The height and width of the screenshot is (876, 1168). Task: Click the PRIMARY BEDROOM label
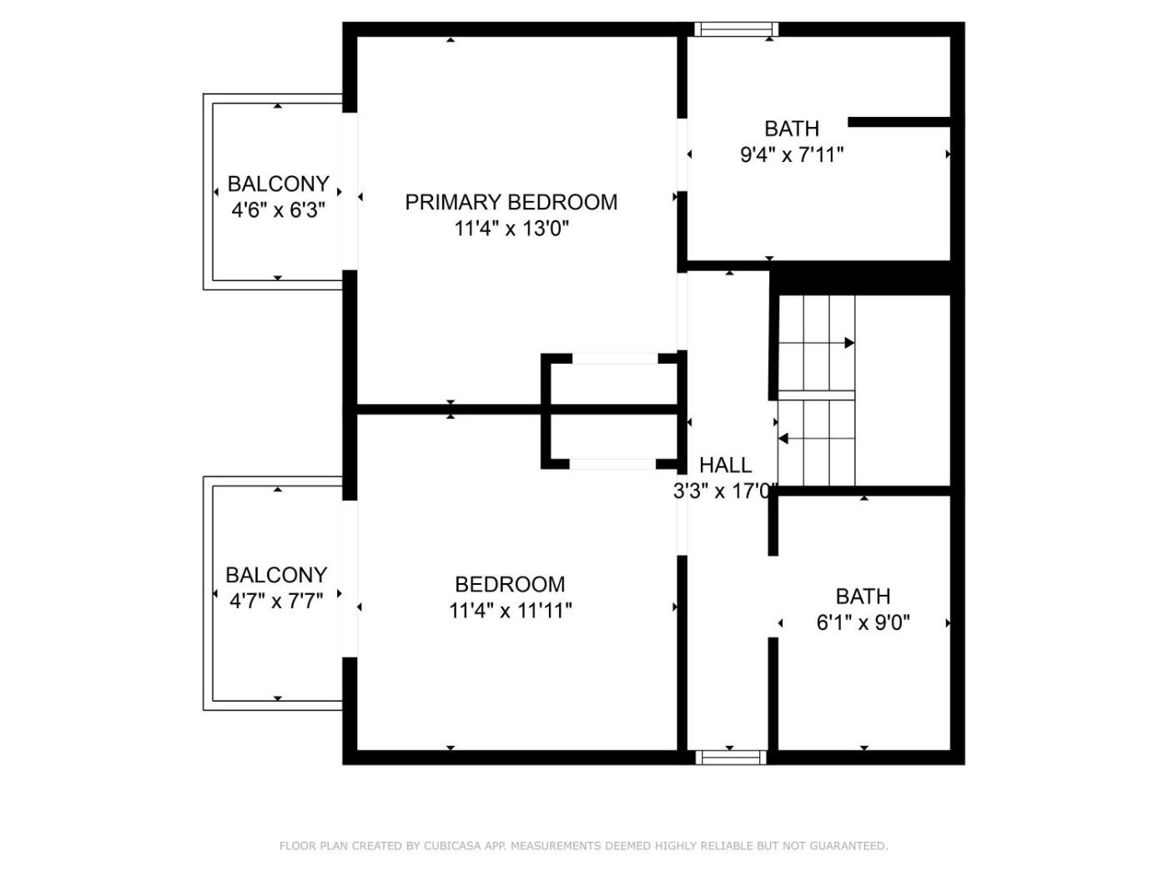511,202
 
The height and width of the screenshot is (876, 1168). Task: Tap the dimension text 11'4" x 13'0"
511,229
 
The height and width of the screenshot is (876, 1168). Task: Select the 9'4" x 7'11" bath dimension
791,155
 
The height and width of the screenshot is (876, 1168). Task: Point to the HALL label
725,465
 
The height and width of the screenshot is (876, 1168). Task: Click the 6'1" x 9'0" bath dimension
863,622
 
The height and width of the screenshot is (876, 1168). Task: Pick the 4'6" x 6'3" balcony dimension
278,210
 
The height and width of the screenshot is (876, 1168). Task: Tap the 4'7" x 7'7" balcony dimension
276,602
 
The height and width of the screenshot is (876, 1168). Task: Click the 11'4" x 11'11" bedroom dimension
511,611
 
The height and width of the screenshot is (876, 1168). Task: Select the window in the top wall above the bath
737,28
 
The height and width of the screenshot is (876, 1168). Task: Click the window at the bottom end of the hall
731,758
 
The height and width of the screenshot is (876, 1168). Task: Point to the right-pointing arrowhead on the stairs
849,343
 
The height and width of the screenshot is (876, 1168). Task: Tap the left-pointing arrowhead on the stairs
783,439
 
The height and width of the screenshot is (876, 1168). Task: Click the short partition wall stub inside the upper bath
899,122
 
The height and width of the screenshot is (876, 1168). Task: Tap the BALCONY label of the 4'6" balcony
279,184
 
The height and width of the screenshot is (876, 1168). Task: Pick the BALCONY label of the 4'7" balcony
276,575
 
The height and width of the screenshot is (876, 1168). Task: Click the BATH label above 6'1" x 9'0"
863,597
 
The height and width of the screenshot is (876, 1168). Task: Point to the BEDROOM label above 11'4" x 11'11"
510,585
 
